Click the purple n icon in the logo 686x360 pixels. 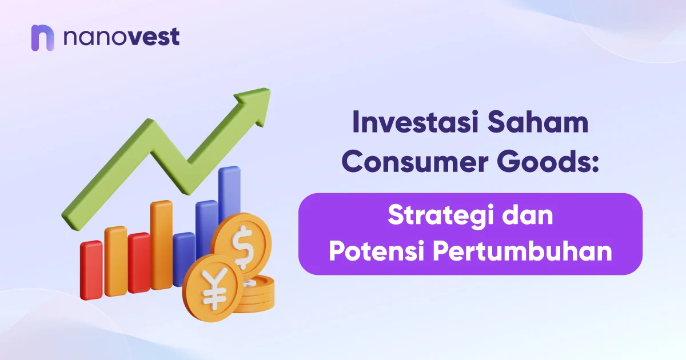tap(43, 38)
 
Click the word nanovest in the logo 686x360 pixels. tap(121, 37)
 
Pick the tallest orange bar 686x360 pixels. tap(161, 246)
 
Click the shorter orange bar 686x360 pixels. tap(115, 260)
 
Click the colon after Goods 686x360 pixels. tap(593, 165)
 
